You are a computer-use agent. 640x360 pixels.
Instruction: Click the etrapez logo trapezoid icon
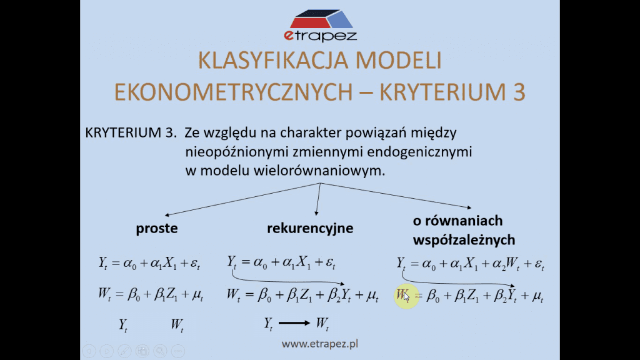pyautogui.click(x=321, y=19)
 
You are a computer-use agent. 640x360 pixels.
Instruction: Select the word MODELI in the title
pyautogui.click(x=398, y=61)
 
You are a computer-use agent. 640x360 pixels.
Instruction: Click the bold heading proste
pyautogui.click(x=157, y=228)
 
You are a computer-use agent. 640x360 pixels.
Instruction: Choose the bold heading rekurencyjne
pyautogui.click(x=310, y=228)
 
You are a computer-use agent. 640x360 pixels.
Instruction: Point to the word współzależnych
pyautogui.click(x=464, y=240)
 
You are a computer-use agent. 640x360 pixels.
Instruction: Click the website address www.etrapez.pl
pyautogui.click(x=319, y=344)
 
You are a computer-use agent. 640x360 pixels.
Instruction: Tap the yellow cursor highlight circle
pyautogui.click(x=406, y=296)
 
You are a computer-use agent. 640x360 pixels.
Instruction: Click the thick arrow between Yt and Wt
pyautogui.click(x=294, y=323)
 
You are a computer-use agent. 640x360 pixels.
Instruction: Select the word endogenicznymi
pyautogui.click(x=419, y=152)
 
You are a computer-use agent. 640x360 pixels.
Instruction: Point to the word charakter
pyautogui.click(x=311, y=132)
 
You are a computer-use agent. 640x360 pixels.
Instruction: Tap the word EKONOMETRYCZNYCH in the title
pyautogui.click(x=233, y=92)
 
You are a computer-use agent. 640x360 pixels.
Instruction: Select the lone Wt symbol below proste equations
pyautogui.click(x=177, y=325)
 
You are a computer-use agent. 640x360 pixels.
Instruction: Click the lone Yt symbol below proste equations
pyautogui.click(x=123, y=325)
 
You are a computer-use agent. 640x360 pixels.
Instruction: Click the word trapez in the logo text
pyautogui.click(x=326, y=36)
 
